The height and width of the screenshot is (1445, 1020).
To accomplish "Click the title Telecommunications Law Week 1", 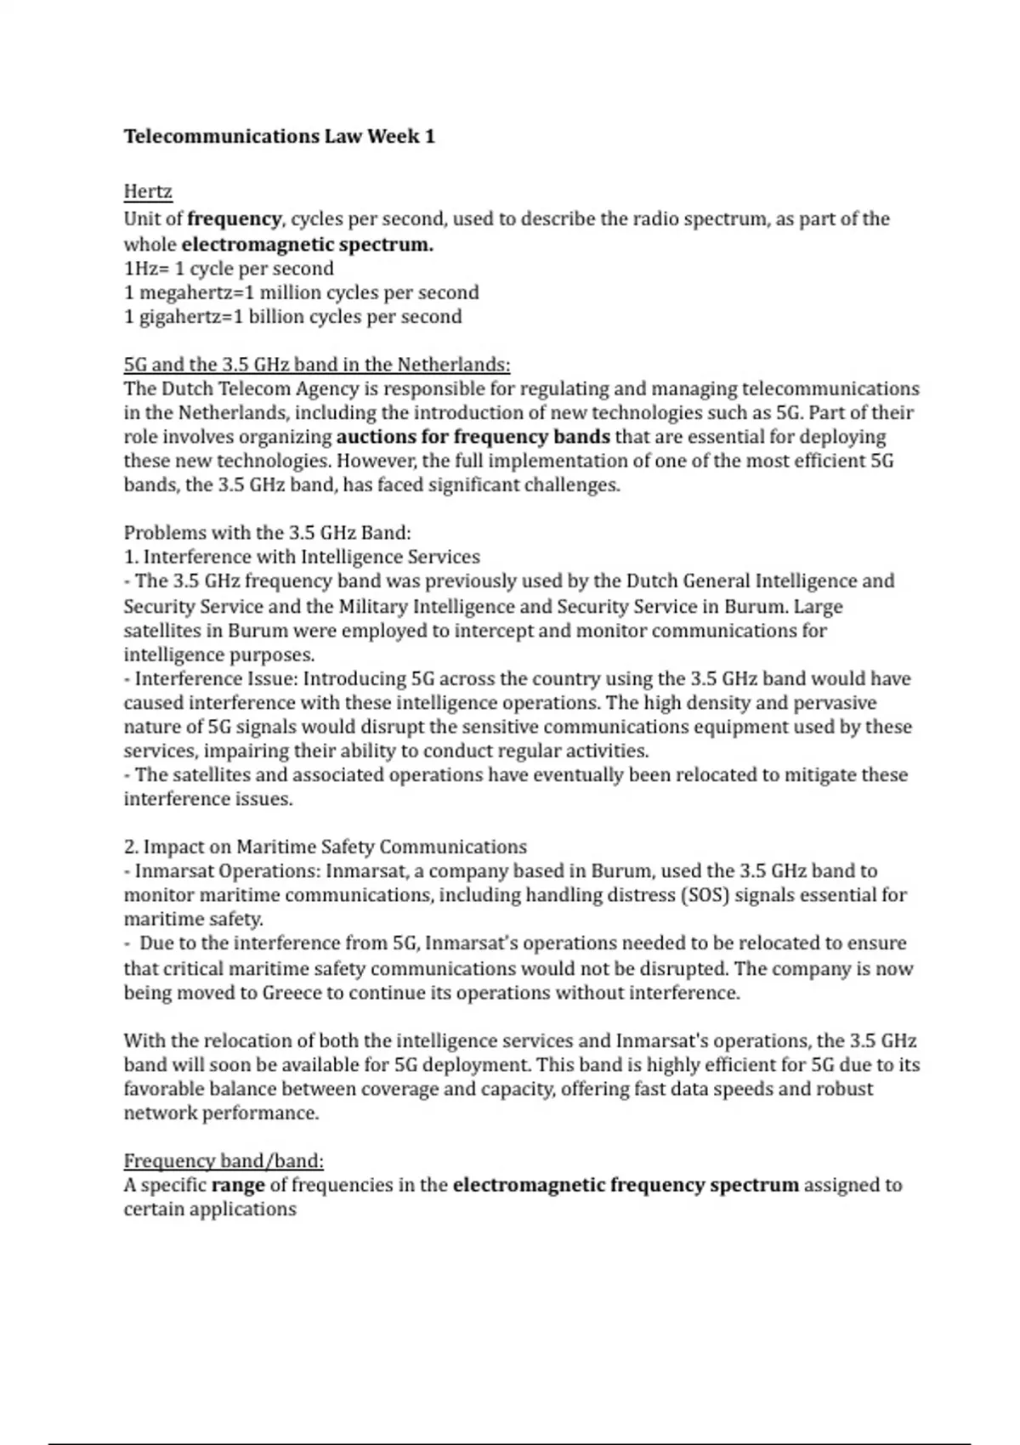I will pos(279,136).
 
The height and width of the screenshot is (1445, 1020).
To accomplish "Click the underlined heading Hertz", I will pos(148,191).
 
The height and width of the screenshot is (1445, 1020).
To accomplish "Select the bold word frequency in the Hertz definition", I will pos(234,218).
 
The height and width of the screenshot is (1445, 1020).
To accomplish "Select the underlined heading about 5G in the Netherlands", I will pos(317,365).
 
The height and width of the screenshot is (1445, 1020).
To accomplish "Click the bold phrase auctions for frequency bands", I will pos(473,437).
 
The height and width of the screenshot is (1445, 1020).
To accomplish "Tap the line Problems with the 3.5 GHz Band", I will pos(267,533).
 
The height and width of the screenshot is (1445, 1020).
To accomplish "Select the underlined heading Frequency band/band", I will pos(224,1161).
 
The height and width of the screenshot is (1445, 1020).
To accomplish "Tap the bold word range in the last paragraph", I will pos(238,1185).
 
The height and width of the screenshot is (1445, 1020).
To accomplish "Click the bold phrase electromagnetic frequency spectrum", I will pos(626,1185).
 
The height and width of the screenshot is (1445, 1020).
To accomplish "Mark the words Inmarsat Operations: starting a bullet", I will pos(227,871).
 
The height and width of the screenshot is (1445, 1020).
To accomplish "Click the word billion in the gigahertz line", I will pos(276,317).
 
